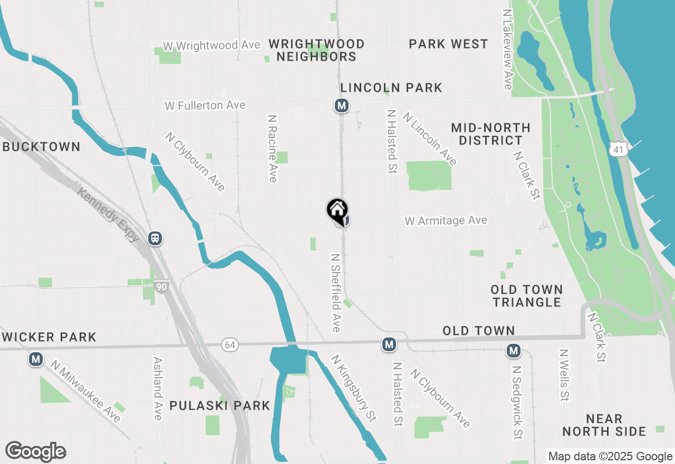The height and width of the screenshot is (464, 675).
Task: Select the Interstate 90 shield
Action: click(x=161, y=286)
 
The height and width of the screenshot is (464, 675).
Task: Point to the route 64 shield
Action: click(x=230, y=345)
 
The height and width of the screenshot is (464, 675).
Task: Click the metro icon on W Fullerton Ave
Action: click(x=342, y=105)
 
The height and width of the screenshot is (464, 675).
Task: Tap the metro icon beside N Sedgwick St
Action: click(x=514, y=350)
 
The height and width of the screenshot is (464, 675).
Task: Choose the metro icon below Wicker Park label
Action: click(x=36, y=360)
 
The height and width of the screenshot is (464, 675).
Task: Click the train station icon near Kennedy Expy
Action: click(x=155, y=238)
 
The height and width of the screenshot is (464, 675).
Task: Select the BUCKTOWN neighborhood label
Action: click(x=41, y=147)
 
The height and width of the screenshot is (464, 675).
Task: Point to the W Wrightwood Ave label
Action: click(x=211, y=46)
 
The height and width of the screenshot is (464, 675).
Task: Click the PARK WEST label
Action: click(x=448, y=44)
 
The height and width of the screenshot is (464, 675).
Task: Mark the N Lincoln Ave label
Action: click(x=430, y=138)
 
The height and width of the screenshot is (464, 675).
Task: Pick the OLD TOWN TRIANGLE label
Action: click(x=527, y=296)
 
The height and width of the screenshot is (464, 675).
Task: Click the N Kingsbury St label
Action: click(x=353, y=389)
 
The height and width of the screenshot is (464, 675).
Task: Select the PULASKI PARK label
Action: click(x=220, y=405)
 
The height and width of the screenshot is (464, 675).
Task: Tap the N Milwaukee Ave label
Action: click(x=85, y=391)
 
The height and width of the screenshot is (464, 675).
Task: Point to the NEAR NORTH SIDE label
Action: click(x=604, y=425)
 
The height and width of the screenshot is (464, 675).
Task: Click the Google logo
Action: click(x=35, y=451)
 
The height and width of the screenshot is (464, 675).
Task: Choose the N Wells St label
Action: click(x=564, y=375)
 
